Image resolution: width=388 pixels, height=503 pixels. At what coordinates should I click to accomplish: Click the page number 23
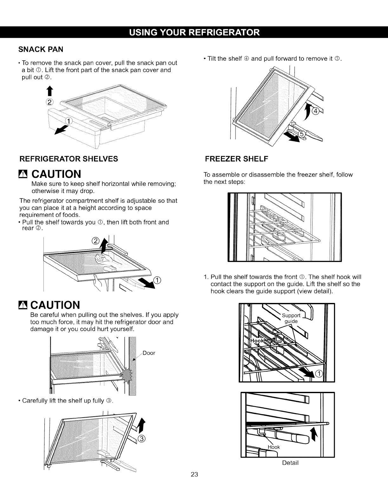194,475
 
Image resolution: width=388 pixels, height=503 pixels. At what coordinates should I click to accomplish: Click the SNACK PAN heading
41,49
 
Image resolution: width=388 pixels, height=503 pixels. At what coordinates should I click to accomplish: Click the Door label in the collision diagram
149,353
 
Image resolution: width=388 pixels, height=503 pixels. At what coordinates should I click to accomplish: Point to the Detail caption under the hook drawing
290,463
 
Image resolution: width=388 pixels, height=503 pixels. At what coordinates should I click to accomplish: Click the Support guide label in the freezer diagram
291,318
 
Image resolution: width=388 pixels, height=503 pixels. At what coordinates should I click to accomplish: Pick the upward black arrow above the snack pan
50,92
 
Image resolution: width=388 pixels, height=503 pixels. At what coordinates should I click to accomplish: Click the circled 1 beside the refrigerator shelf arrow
158,280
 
